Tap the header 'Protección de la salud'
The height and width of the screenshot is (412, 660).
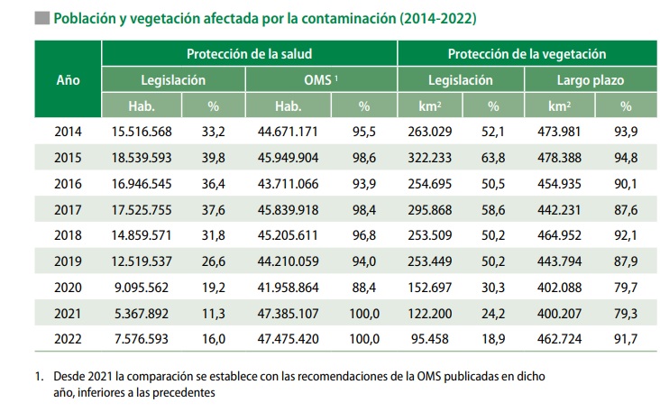pos(250,54)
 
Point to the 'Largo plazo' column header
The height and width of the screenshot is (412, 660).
pos(590,79)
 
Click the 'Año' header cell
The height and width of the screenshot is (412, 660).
pos(68,79)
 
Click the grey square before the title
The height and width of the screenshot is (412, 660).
pos(41,17)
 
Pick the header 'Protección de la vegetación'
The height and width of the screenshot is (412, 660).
pos(527,54)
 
